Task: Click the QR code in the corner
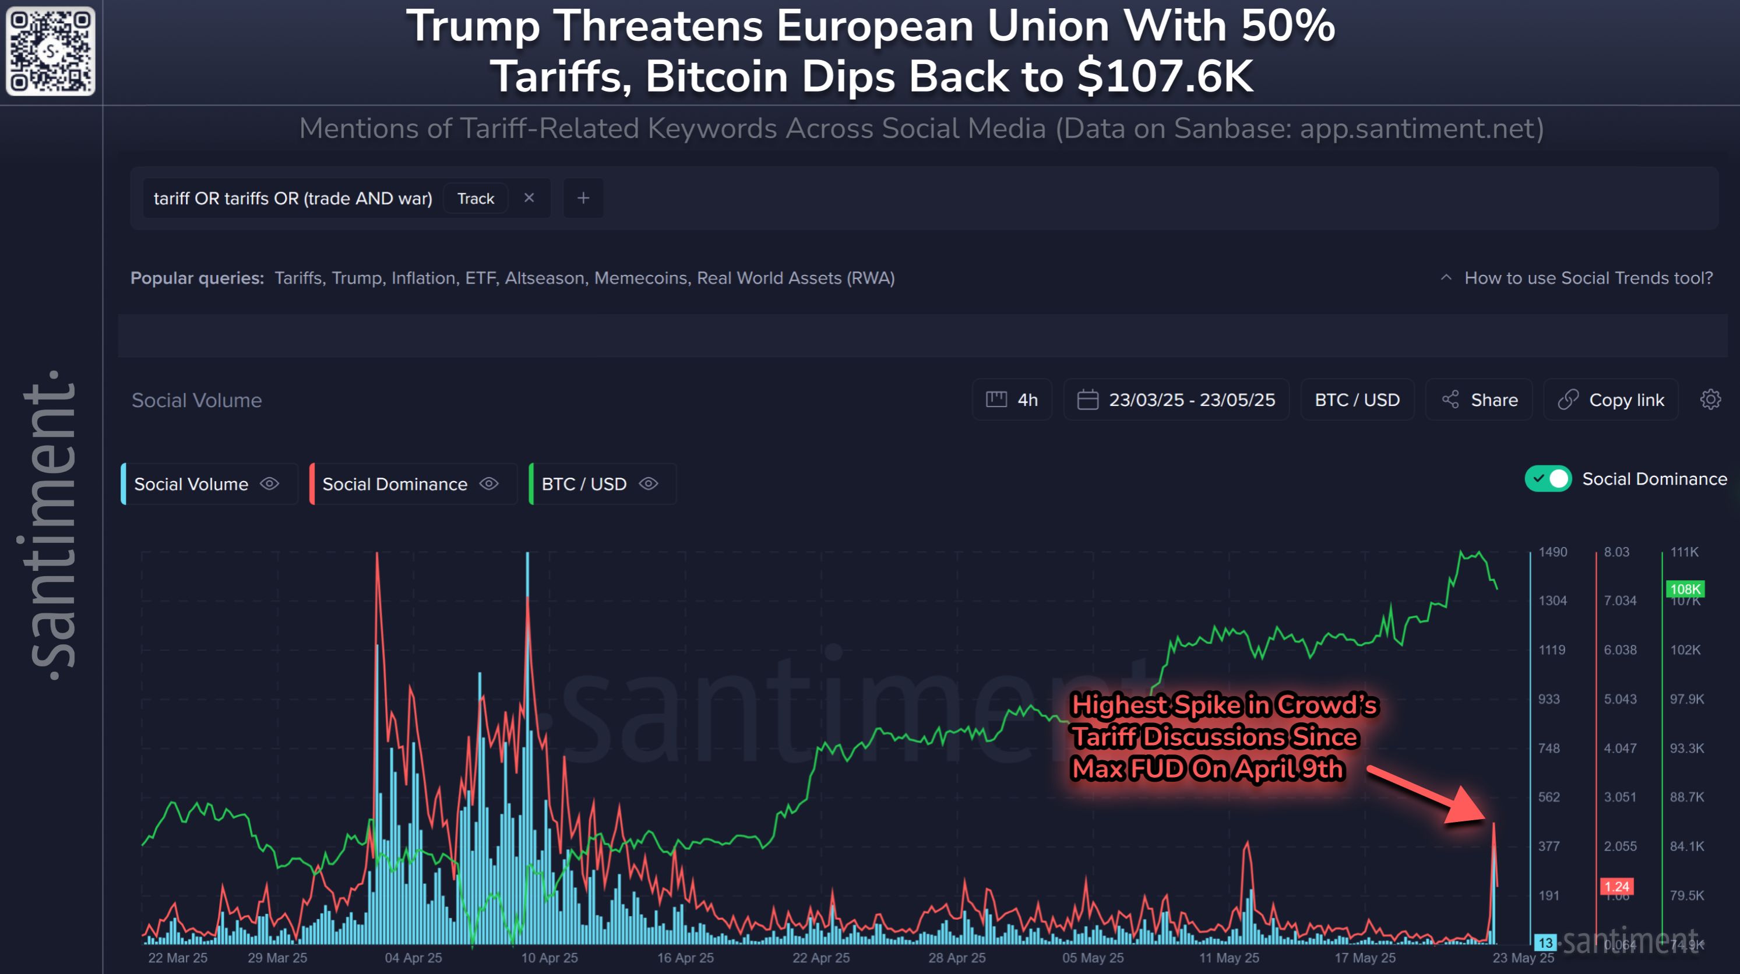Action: pyautogui.click(x=51, y=51)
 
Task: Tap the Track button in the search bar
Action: pyautogui.click(x=475, y=199)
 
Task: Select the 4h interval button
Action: pyautogui.click(x=1012, y=400)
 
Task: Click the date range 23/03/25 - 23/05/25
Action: pyautogui.click(x=1176, y=400)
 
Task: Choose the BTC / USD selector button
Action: pyautogui.click(x=1357, y=400)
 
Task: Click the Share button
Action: pyautogui.click(x=1480, y=400)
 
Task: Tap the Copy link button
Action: pyautogui.click(x=1611, y=400)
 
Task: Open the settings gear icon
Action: pyautogui.click(x=1710, y=400)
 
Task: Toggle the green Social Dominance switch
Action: pyautogui.click(x=1548, y=479)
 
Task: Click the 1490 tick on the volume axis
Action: pyautogui.click(x=1553, y=552)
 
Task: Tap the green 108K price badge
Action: pyautogui.click(x=1685, y=589)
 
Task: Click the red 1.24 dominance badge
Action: pyautogui.click(x=1616, y=886)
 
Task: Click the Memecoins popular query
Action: pyautogui.click(x=640, y=278)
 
